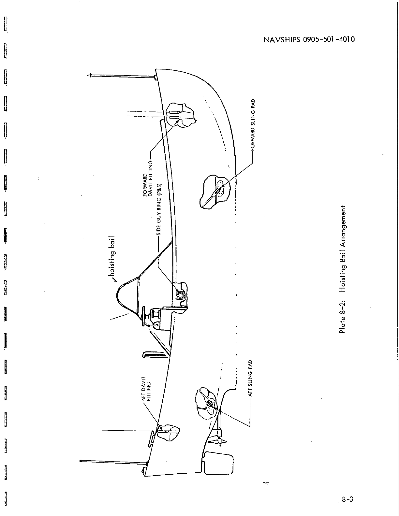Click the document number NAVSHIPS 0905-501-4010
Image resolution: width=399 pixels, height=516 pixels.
coord(308,40)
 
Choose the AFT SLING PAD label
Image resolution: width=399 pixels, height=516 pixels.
coord(250,378)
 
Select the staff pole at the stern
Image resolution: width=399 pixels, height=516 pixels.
coord(112,461)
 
